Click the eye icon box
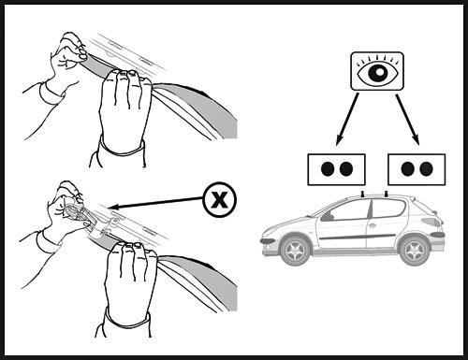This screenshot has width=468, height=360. tap(377, 71)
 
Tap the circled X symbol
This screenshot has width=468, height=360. tap(220, 199)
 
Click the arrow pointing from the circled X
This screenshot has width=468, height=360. tap(155, 203)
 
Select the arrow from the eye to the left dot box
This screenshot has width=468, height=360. tap(347, 120)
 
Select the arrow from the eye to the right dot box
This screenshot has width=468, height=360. tap(407, 120)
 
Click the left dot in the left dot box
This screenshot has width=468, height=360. tap(328, 169)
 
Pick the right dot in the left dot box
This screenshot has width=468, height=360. tap(346, 169)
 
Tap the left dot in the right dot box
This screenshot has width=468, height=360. tap(407, 169)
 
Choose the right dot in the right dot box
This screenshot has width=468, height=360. tap(426, 169)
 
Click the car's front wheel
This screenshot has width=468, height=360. tap(295, 251)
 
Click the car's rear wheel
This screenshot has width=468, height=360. tap(415, 251)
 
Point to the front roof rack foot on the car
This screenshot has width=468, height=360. tap(363, 194)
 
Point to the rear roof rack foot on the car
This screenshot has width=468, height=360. tap(387, 194)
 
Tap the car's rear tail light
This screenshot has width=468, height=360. tap(432, 221)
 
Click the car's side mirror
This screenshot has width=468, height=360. tap(326, 217)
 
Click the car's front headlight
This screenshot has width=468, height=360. tap(268, 241)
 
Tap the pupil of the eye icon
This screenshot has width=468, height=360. tap(377, 73)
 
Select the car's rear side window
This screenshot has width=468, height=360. tap(388, 208)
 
